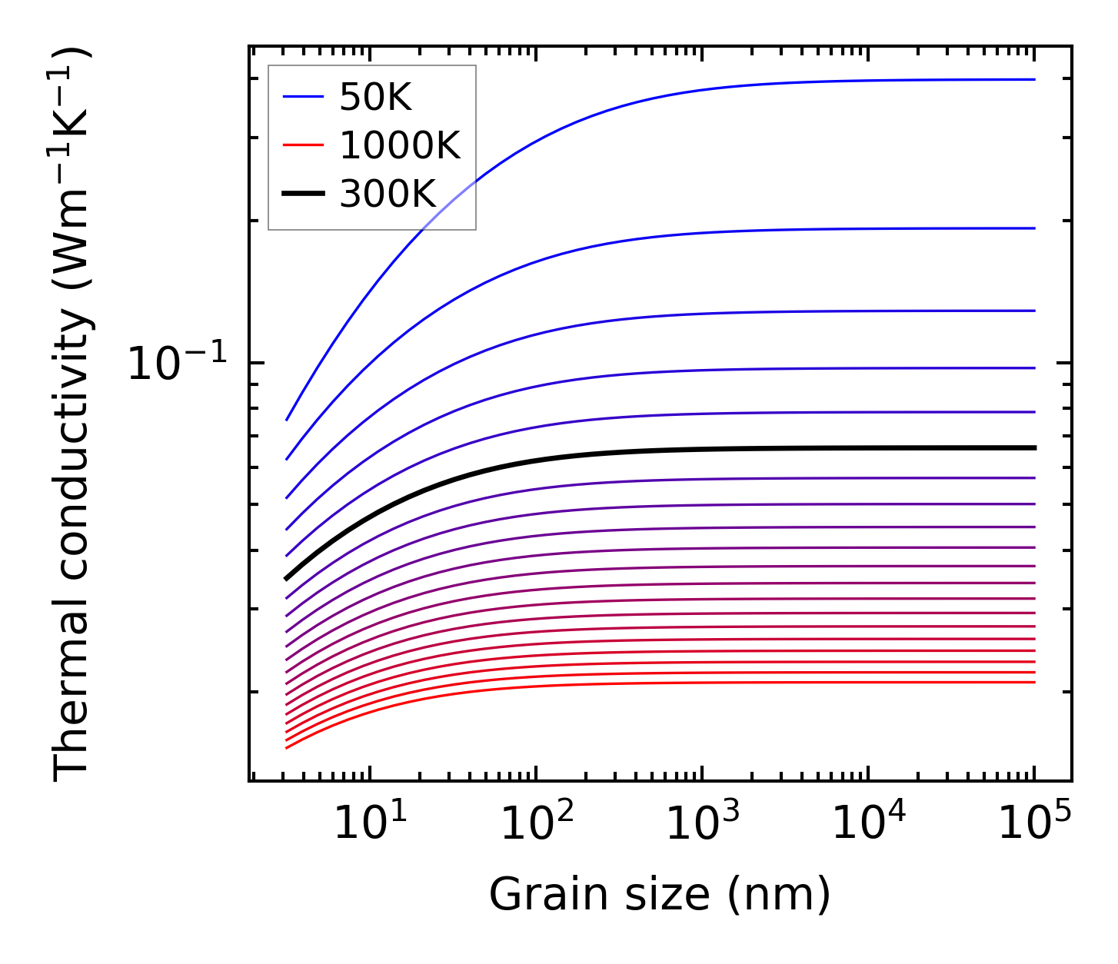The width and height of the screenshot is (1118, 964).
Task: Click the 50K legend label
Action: (x=375, y=97)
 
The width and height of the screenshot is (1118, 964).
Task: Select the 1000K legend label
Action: (x=400, y=145)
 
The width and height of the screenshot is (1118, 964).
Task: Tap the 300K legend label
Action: (x=388, y=194)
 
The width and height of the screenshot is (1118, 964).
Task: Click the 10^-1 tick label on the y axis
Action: (x=178, y=364)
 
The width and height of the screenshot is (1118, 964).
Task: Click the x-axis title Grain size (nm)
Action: (x=660, y=896)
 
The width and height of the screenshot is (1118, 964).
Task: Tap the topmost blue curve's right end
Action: (x=1034, y=79)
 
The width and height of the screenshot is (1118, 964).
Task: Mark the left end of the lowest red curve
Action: (x=286, y=747)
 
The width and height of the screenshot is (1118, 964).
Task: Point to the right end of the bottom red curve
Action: (x=1034, y=682)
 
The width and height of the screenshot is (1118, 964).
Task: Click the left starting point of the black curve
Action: (x=286, y=579)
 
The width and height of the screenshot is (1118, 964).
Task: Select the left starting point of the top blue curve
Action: (x=287, y=420)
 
